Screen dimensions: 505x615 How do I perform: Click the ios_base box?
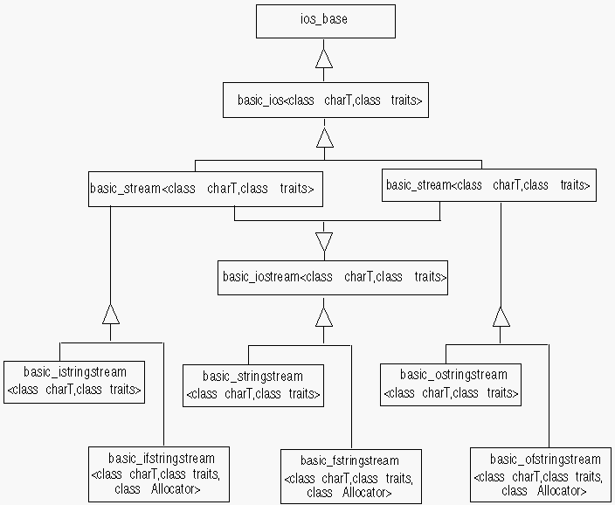point(325,21)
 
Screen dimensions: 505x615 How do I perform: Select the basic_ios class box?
point(325,100)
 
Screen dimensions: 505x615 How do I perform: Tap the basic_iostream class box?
point(334,277)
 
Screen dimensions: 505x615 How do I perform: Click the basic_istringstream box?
point(74,381)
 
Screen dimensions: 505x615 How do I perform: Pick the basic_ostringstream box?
point(451,384)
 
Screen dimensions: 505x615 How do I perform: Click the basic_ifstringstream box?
point(159,474)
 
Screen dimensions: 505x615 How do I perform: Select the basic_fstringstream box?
point(350,476)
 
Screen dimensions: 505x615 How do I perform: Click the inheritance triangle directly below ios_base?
point(325,59)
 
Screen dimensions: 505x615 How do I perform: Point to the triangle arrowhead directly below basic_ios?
point(325,138)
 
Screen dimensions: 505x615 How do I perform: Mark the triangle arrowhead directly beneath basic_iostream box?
point(325,315)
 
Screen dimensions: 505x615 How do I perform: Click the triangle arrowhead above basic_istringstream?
point(110,315)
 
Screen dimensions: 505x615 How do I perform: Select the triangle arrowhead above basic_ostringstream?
point(501,315)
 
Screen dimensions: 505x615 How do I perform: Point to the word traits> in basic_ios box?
point(407,101)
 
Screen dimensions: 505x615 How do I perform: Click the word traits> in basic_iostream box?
point(431,277)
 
